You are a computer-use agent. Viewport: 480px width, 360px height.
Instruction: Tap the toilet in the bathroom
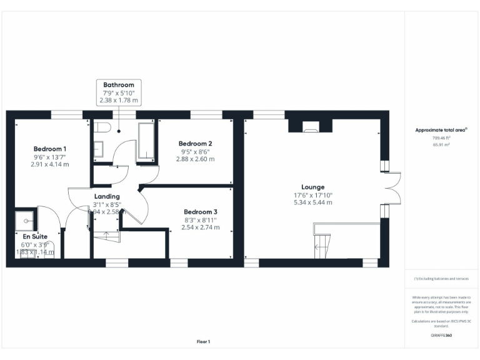pos(103,128)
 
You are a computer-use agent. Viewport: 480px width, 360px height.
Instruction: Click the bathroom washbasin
pos(99,149)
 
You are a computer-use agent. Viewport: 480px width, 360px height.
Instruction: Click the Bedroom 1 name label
pos(50,149)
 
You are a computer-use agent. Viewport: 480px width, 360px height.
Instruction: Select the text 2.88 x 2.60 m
pos(196,159)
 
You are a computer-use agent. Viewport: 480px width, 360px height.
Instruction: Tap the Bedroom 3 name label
pos(201,212)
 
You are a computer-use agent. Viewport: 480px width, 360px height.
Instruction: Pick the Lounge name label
pos(312,187)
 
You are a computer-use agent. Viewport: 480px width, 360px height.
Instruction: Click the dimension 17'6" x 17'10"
pos(312,195)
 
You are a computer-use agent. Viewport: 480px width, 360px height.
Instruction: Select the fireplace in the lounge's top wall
pos(310,129)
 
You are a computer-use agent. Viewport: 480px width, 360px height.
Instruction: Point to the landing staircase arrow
pos(106,237)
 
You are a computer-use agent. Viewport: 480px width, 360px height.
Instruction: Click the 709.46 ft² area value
pos(441,138)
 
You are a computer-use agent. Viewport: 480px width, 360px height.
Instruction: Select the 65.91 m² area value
pos(441,144)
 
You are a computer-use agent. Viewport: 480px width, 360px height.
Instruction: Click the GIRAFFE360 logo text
pos(441,336)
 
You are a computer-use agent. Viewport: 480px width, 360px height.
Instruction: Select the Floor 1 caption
pos(203,342)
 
